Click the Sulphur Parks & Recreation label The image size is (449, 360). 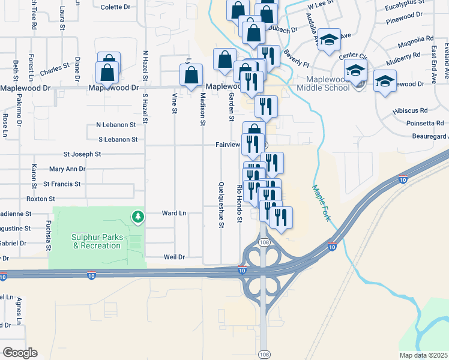point(97,241)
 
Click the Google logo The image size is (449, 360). point(20,352)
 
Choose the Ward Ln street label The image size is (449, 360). point(174,213)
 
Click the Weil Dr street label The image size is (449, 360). point(175,257)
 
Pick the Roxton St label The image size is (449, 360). point(40,199)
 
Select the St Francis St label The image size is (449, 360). point(62,184)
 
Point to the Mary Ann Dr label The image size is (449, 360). point(67,169)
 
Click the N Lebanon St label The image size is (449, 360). point(113,125)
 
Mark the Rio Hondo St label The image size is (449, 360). point(239,203)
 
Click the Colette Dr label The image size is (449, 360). point(115,7)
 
